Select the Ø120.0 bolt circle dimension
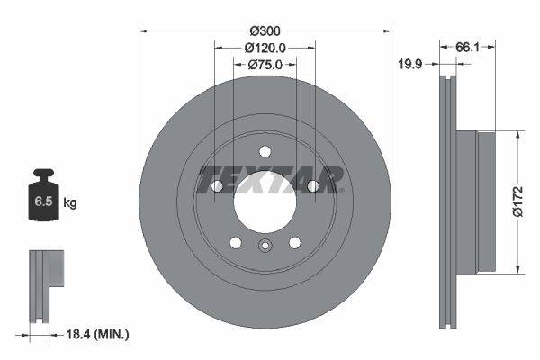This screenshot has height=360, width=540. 265,47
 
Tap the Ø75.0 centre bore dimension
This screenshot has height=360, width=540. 265,64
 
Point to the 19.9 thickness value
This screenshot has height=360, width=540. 411,64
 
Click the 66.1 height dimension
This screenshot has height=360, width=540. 466,47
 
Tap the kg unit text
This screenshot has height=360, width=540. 70,203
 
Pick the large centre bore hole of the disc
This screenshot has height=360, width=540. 265,199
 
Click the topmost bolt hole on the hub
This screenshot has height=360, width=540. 265,151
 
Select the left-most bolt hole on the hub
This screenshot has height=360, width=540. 217,186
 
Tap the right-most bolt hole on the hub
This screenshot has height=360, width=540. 312,186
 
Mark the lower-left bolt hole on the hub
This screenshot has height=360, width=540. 236,242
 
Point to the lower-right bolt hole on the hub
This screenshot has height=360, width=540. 294,242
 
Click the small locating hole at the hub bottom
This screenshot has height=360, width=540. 265,247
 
